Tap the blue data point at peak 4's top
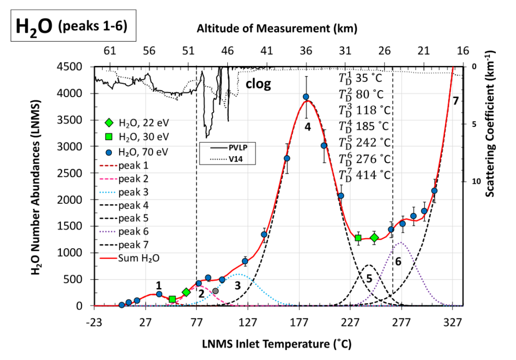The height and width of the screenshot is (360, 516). [306, 97]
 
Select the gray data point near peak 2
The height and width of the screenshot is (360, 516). [216, 291]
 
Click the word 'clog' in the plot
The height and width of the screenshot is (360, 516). [258, 84]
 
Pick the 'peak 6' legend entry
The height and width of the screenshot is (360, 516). [130, 232]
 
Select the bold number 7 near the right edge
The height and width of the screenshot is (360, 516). [455, 101]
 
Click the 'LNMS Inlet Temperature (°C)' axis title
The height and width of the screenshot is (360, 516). [277, 344]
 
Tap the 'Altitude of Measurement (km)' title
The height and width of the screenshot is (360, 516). [278, 28]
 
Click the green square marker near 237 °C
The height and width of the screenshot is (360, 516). [358, 238]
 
